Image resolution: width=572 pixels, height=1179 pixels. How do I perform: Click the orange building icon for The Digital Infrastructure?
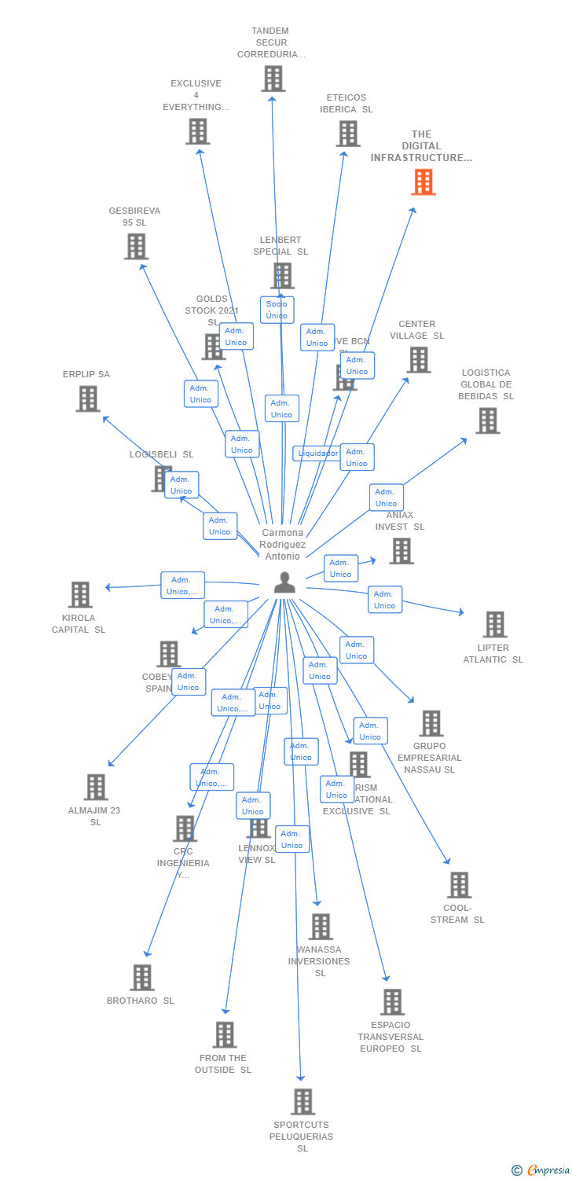pyautogui.click(x=423, y=182)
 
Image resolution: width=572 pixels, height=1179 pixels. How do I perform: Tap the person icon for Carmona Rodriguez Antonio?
pyautogui.click(x=284, y=582)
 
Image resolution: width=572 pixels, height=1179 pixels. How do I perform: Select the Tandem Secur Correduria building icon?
pyautogui.click(x=273, y=79)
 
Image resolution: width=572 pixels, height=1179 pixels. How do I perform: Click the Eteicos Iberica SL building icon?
pyautogui.click(x=348, y=133)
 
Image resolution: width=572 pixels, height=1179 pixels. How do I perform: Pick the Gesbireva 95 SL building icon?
pyautogui.click(x=136, y=246)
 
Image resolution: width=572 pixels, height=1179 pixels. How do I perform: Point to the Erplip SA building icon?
pyautogui.click(x=88, y=399)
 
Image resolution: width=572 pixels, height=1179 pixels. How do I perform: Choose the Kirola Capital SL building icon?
pyautogui.click(x=80, y=595)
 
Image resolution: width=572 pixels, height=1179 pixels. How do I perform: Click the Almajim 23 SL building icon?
pyautogui.click(x=96, y=787)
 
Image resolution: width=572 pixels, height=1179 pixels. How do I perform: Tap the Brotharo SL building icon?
pyautogui.click(x=142, y=977)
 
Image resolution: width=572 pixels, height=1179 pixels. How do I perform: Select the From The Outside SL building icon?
pyautogui.click(x=225, y=1034)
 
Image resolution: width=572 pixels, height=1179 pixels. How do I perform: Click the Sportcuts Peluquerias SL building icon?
pyautogui.click(x=303, y=1101)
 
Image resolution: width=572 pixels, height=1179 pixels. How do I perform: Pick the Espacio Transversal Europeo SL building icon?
pyautogui.click(x=392, y=1002)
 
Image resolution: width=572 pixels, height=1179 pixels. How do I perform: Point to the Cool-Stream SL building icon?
pyautogui.click(x=459, y=885)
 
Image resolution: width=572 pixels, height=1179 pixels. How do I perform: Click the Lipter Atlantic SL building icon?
pyautogui.click(x=494, y=624)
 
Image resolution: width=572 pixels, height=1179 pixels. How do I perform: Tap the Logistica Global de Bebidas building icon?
pyautogui.click(x=487, y=421)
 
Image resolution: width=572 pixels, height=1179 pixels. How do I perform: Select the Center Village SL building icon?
pyautogui.click(x=419, y=360)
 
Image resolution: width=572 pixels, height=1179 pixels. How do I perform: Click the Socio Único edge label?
pyautogui.click(x=277, y=310)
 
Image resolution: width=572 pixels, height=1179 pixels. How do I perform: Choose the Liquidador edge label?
pyautogui.click(x=317, y=453)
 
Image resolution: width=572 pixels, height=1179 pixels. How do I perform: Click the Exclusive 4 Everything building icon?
pyautogui.click(x=197, y=131)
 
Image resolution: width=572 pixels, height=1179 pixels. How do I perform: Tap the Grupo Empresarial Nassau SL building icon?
pyautogui.click(x=431, y=723)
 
